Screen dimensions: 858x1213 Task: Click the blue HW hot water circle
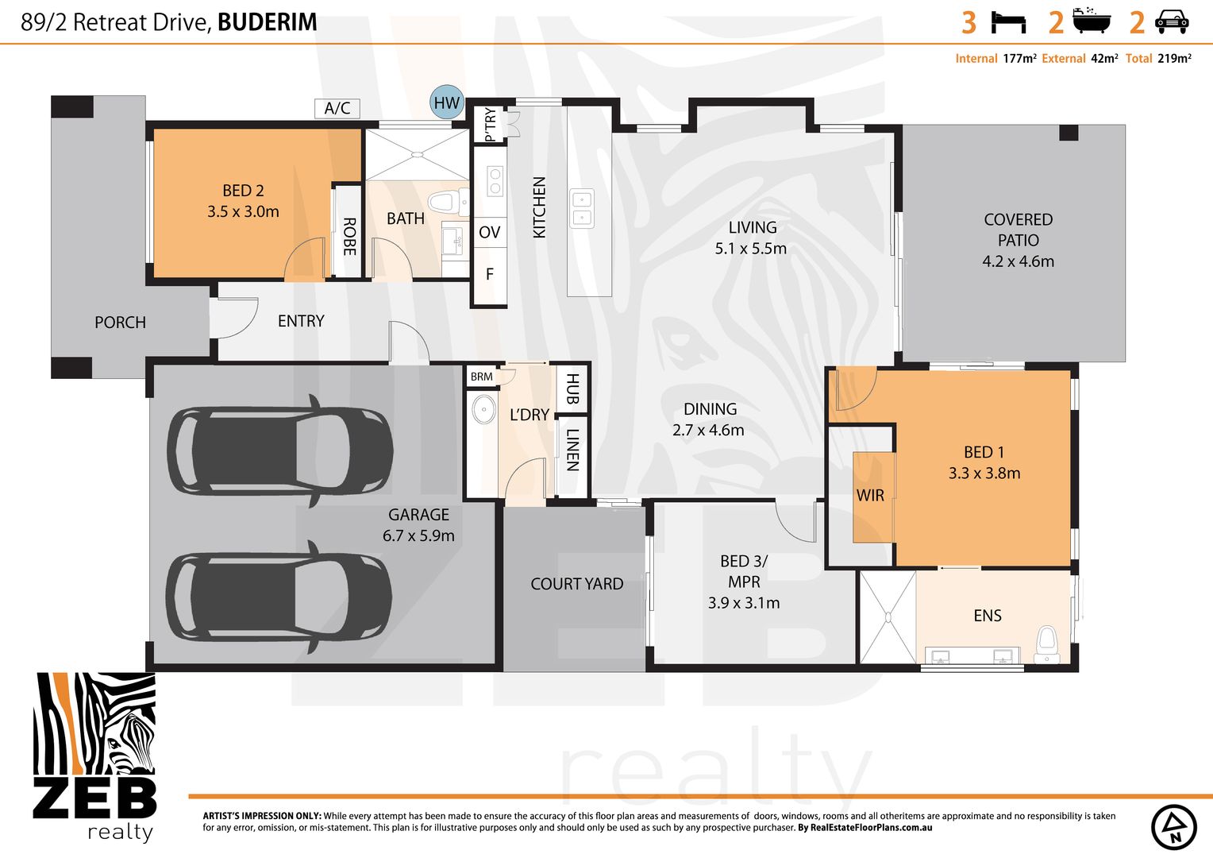pyautogui.click(x=447, y=102)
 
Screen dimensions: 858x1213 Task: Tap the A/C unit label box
pyautogui.click(x=337, y=108)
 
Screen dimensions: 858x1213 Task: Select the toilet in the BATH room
pyautogui.click(x=441, y=201)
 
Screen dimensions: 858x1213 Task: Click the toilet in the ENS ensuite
pyautogui.click(x=1047, y=642)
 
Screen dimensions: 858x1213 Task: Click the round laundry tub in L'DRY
pyautogui.click(x=483, y=411)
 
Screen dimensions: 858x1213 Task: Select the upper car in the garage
pyautogui.click(x=280, y=450)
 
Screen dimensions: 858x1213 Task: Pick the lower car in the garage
pyautogui.click(x=279, y=597)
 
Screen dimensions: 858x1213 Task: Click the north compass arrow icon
pyautogui.click(x=1173, y=827)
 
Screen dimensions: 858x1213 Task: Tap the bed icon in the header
pyautogui.click(x=1008, y=22)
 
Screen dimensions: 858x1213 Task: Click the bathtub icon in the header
pyautogui.click(x=1092, y=21)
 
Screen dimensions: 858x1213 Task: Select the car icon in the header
pyautogui.click(x=1171, y=22)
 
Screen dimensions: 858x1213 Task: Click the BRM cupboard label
pyautogui.click(x=481, y=377)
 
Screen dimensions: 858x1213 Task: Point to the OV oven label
pyautogui.click(x=490, y=232)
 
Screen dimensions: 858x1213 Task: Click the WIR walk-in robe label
pyautogui.click(x=870, y=496)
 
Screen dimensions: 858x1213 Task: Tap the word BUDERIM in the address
pyautogui.click(x=268, y=22)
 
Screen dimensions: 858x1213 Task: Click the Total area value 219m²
pyautogui.click(x=1174, y=59)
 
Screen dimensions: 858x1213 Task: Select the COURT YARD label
pyautogui.click(x=577, y=584)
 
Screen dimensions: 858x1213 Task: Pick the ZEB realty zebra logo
pyautogui.click(x=94, y=755)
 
